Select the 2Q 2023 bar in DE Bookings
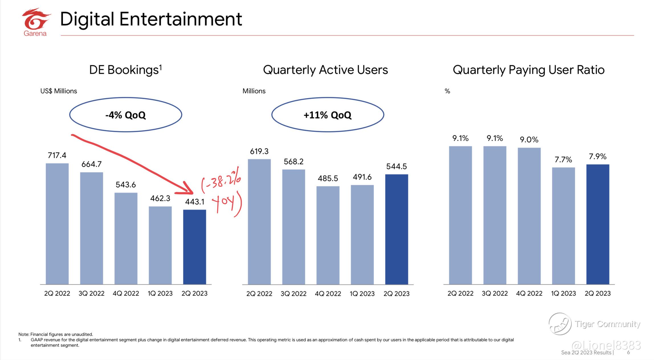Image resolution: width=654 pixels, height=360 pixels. point(195,247)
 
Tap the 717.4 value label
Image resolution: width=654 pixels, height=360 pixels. point(57,155)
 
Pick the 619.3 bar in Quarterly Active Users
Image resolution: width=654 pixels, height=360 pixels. point(259,222)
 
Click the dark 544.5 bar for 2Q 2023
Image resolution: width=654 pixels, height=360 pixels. point(397,229)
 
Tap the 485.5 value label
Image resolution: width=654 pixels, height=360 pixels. point(328,178)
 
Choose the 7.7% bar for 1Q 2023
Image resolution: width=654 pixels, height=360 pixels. point(563,226)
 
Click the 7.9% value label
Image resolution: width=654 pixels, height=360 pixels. point(598,156)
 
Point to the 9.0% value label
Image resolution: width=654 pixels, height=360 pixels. point(529,140)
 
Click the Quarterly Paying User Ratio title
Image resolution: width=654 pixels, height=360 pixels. point(529,70)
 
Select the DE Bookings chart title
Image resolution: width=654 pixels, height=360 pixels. point(126,70)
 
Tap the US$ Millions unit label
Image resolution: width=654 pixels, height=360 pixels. point(59,91)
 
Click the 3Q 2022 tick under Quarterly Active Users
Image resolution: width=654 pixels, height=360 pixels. point(294,294)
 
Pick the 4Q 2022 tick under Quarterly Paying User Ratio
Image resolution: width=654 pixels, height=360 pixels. point(529,293)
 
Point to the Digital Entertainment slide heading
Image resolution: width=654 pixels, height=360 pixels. point(151,19)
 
